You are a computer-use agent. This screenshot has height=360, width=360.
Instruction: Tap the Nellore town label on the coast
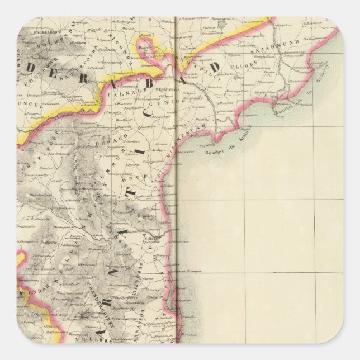tap(157, 238)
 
